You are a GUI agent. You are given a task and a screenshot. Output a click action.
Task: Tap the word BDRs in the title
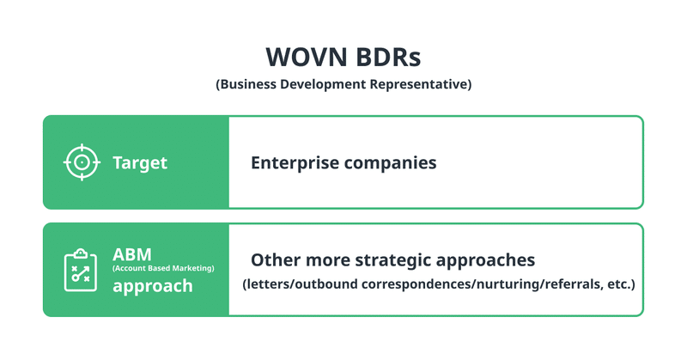click(388, 57)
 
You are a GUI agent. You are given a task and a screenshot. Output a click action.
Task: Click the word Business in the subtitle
click(246, 83)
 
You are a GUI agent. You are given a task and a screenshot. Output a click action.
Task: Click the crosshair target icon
click(82, 162)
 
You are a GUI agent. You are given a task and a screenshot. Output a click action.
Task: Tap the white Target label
click(140, 162)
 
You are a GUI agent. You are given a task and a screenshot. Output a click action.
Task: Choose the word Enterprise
click(295, 162)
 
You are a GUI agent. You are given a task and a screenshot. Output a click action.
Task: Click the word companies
click(390, 162)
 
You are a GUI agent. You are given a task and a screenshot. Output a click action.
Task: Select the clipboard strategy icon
click(81, 270)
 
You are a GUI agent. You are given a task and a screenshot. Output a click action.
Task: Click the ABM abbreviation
click(132, 254)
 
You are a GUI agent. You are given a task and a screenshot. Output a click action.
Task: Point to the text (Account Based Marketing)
click(163, 268)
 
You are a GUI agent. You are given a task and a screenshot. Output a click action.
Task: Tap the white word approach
click(153, 286)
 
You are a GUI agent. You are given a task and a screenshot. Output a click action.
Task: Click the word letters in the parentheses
click(267, 284)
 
